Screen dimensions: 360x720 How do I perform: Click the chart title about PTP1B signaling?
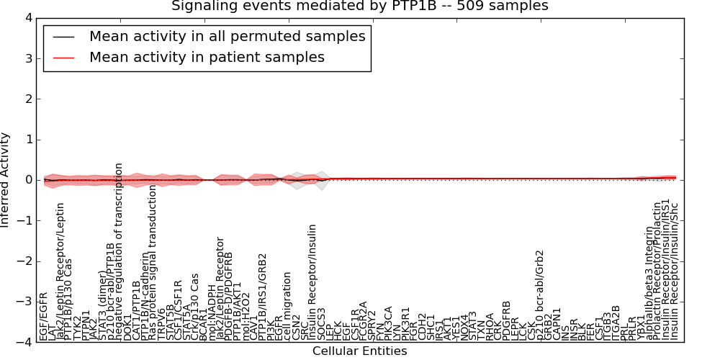tap(359, 6)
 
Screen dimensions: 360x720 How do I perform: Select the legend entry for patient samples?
tap(207, 57)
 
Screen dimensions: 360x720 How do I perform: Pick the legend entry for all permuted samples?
tap(227, 36)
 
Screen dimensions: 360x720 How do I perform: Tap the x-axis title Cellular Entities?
tap(359, 351)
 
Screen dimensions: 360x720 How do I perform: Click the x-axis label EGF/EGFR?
tap(44, 316)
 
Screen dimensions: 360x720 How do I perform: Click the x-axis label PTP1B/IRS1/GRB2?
tap(263, 297)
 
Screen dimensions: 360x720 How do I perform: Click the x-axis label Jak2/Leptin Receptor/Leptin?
tap(60, 271)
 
